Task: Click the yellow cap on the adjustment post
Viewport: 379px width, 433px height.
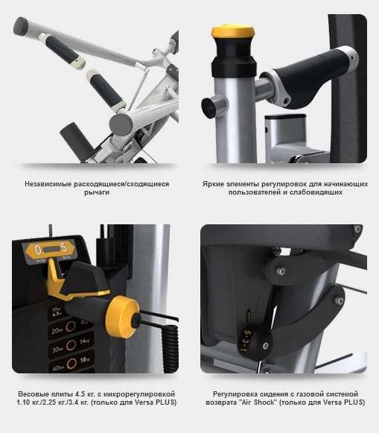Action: [233, 32]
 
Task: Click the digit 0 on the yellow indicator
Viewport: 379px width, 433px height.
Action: [37, 250]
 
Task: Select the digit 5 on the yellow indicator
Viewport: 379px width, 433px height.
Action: [63, 247]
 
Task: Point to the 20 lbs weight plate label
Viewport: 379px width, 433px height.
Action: [56, 331]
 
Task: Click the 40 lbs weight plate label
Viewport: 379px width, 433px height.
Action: [57, 368]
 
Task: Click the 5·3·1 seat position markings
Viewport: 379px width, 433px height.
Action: [245, 340]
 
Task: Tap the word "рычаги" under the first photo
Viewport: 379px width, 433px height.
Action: [97, 192]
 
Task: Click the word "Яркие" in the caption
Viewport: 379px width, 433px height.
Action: [213, 184]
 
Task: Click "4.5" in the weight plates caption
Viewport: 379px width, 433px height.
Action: [80, 394]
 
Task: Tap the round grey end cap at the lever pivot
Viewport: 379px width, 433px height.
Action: [121, 124]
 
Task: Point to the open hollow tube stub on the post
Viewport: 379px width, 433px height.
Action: [213, 107]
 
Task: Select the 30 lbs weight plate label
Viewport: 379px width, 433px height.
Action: [57, 350]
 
